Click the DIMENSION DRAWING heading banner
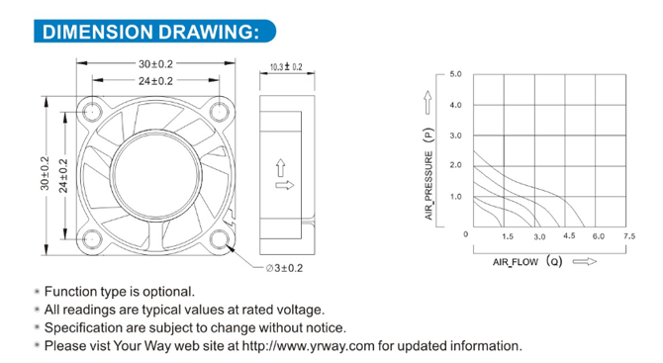(154, 32)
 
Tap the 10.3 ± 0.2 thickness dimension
(286, 67)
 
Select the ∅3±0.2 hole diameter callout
(284, 268)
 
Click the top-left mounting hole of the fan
(91, 112)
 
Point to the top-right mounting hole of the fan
(220, 112)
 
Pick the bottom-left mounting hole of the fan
(91, 239)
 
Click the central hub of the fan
(155, 175)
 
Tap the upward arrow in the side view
(281, 168)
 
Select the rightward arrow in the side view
(285, 185)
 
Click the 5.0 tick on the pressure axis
(456, 74)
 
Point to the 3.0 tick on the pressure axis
(456, 136)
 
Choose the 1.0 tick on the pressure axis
(456, 197)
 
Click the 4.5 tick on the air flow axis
(569, 235)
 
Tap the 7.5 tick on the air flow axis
(629, 236)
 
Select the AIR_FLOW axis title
(516, 262)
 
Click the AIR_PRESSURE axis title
(428, 186)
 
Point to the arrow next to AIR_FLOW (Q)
(585, 261)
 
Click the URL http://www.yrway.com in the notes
(308, 346)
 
